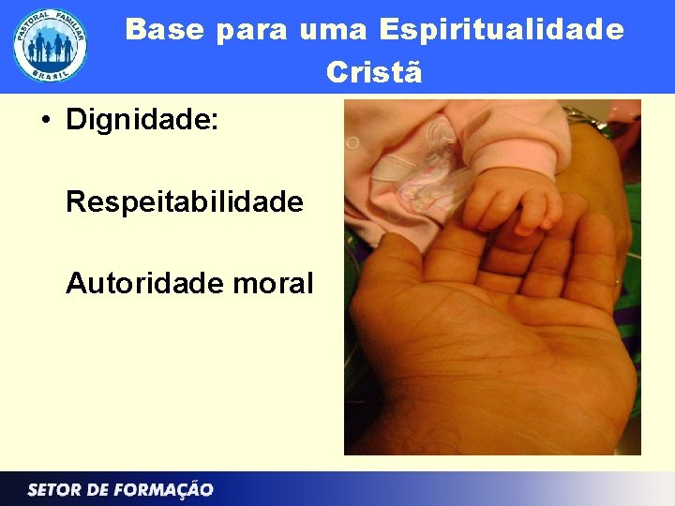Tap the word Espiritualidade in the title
point(502,30)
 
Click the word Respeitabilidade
point(185,201)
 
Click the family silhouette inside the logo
point(51,47)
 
